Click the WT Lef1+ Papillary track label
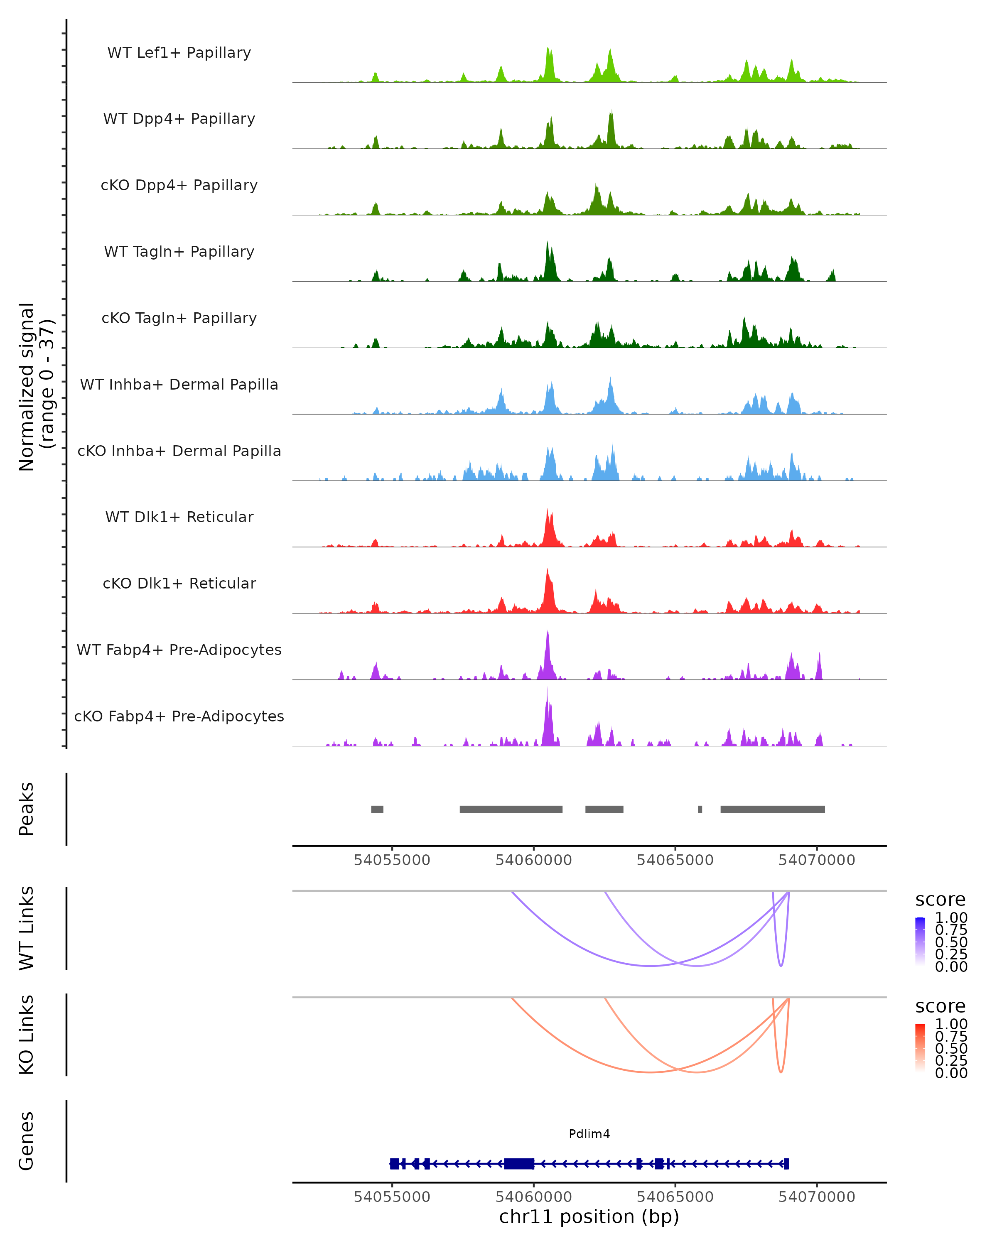click(179, 53)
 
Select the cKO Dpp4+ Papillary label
click(179, 186)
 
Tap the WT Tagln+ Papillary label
click(179, 252)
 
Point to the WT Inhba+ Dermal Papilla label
click(179, 385)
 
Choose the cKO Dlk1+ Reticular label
click(179, 584)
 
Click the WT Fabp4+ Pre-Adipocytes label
click(179, 650)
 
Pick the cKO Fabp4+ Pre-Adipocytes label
click(179, 716)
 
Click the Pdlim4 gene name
click(589, 1134)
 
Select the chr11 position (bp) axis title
click(589, 1217)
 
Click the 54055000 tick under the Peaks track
click(392, 860)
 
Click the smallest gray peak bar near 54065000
click(700, 809)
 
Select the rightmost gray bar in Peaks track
click(772, 809)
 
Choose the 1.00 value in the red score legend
click(951, 1024)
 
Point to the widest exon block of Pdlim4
click(518, 1163)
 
